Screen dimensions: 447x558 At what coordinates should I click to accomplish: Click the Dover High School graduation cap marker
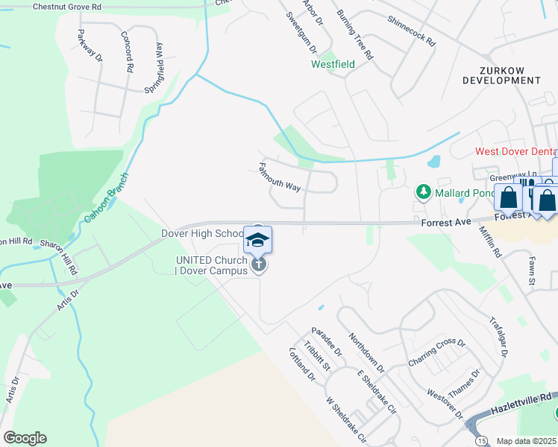coord(257,239)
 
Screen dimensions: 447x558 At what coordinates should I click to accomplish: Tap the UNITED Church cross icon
coord(258,264)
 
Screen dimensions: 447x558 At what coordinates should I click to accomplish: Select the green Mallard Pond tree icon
coord(424,193)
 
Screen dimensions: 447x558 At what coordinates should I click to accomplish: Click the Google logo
coord(24,438)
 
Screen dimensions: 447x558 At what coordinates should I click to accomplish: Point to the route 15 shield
coord(483,440)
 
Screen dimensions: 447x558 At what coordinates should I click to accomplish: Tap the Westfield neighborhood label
coord(333,64)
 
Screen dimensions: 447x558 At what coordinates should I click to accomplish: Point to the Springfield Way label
coord(158,66)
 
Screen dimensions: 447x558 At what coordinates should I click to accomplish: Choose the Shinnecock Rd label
coord(411,31)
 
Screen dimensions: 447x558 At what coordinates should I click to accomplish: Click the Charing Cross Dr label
coord(436,353)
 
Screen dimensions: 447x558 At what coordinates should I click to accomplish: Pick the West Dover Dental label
coord(516,151)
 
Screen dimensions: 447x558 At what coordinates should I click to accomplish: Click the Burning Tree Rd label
coord(354,35)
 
